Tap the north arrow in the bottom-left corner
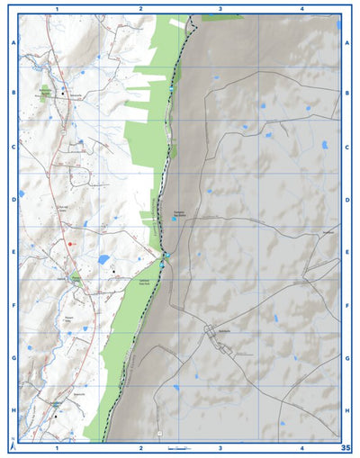(x=12, y=444)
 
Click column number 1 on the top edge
(x=57, y=8)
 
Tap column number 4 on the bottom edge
(x=301, y=447)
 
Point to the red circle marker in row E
(x=68, y=244)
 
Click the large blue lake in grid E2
(x=103, y=259)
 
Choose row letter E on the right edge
(x=347, y=253)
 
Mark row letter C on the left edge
(x=13, y=146)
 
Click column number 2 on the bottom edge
(x=141, y=447)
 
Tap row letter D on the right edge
(x=347, y=200)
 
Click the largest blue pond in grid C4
(x=324, y=144)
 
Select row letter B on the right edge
(x=347, y=93)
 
